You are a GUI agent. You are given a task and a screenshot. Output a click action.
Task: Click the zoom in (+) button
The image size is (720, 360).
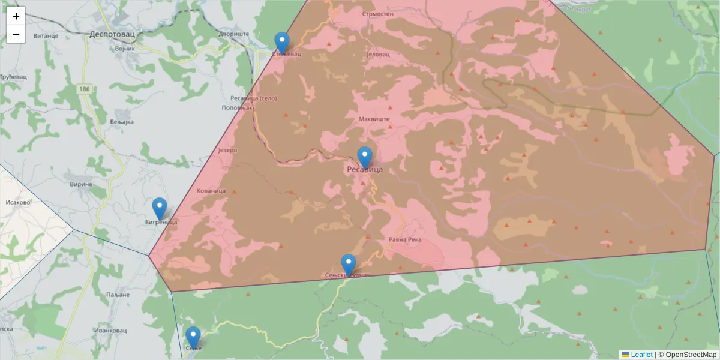click(x=16, y=16)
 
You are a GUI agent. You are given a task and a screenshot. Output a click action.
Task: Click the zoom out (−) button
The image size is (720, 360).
click(x=16, y=34)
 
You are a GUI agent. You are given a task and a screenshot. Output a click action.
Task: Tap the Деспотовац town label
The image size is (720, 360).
click(x=112, y=34)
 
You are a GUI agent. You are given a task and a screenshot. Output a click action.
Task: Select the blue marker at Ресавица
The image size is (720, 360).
click(x=365, y=157)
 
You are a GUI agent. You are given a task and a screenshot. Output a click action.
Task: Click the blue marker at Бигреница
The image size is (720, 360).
click(x=160, y=208)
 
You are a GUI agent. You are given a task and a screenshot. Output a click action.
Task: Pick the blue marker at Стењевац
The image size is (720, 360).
click(x=282, y=43)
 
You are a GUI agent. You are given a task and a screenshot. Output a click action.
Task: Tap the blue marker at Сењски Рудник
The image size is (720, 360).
click(x=349, y=265)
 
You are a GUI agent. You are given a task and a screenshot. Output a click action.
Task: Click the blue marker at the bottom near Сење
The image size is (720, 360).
click(x=193, y=337)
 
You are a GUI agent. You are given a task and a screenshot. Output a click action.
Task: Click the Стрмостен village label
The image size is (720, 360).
click(x=378, y=13)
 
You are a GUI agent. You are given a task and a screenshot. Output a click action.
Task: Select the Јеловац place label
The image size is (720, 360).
click(x=378, y=54)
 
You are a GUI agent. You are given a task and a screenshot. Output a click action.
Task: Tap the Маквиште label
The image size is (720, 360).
click(x=374, y=119)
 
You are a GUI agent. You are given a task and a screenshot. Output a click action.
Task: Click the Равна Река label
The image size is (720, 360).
click(x=406, y=240)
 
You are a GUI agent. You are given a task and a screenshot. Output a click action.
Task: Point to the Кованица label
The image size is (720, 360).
click(x=211, y=191)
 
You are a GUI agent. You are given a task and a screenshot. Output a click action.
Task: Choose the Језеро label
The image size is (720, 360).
click(x=228, y=150)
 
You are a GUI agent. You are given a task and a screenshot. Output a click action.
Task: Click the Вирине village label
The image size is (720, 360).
click(x=80, y=185)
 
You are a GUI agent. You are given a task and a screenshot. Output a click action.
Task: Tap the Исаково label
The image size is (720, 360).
click(x=17, y=202)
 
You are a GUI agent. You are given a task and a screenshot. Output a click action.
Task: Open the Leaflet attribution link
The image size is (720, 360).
click(x=641, y=355)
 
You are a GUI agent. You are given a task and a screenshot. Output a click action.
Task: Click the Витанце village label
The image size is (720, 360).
click(x=45, y=36)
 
